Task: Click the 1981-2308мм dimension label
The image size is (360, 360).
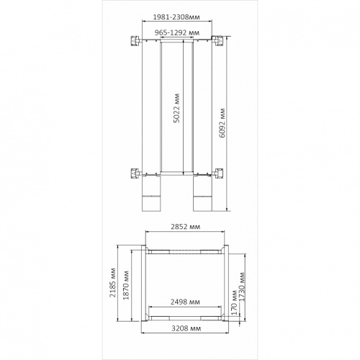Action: [176, 17]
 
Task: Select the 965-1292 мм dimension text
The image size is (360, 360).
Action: [177, 32]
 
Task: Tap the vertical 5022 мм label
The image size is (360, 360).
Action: [176, 108]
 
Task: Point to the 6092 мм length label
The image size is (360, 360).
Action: [222, 123]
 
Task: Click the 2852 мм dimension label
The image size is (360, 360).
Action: [185, 227]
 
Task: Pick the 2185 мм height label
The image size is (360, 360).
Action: [112, 282]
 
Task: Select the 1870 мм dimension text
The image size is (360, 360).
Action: [126, 285]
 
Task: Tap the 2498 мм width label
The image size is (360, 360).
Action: [185, 302]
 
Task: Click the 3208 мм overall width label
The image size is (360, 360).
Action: [186, 328]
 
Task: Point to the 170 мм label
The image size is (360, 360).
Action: [234, 303]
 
